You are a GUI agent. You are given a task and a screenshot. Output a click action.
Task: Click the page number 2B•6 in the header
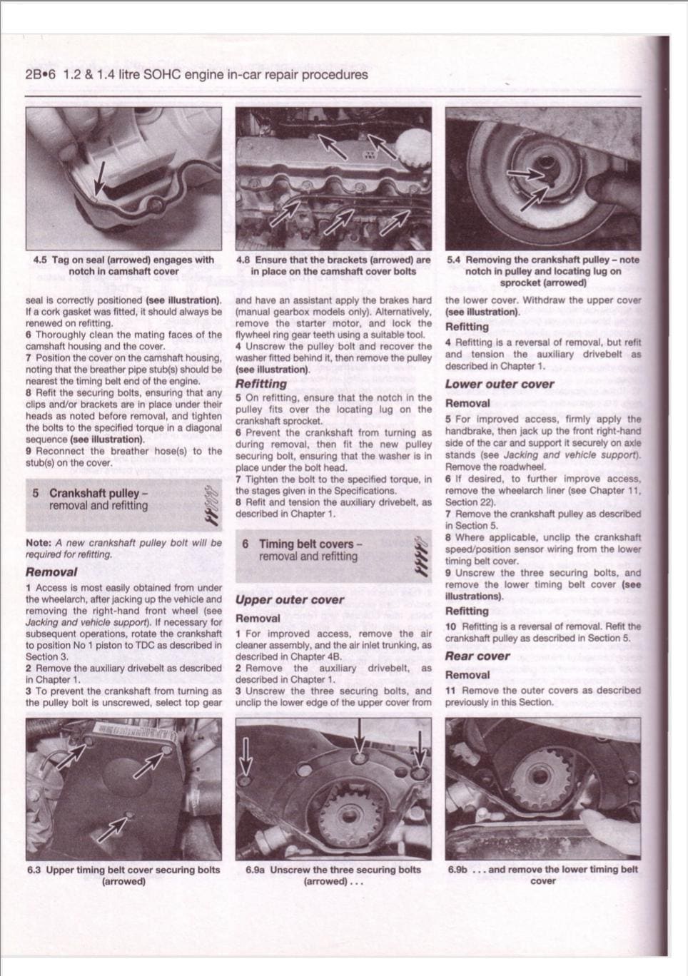pyautogui.click(x=41, y=75)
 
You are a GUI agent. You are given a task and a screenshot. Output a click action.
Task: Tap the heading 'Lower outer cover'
pyautogui.click(x=500, y=384)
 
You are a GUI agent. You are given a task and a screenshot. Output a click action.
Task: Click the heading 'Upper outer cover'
pyautogui.click(x=290, y=600)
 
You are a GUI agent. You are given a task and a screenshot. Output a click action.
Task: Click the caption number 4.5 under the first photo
pyautogui.click(x=41, y=260)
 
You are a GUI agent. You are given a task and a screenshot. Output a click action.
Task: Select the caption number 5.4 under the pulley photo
pyautogui.click(x=454, y=260)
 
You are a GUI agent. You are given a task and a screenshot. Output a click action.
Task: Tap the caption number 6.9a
pyautogui.click(x=256, y=870)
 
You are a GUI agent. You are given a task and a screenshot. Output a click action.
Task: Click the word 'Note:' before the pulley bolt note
pyautogui.click(x=39, y=543)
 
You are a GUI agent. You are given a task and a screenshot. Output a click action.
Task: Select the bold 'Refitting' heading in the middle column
pyautogui.click(x=261, y=384)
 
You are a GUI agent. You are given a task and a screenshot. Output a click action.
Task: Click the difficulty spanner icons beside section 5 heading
pyautogui.click(x=210, y=505)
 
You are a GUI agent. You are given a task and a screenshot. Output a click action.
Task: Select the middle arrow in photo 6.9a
pyautogui.click(x=359, y=738)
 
